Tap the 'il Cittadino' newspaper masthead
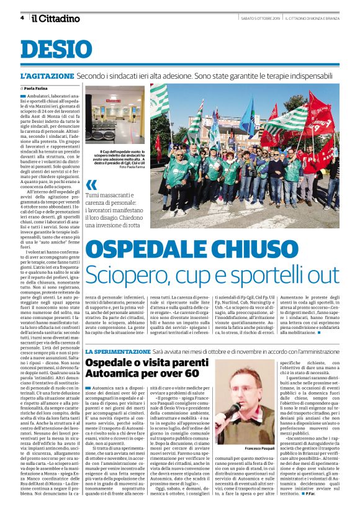[56, 18]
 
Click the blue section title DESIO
[55, 49]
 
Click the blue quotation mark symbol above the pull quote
[92, 184]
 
